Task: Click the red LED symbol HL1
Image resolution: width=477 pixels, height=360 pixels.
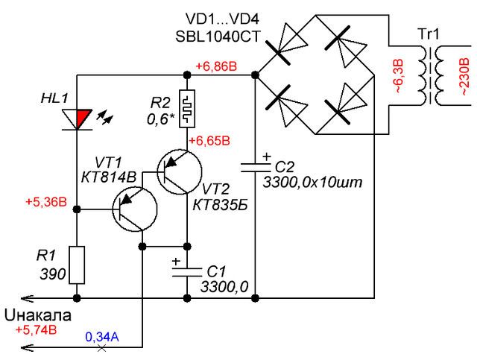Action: (78, 119)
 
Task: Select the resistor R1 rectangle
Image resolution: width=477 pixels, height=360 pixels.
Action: (77, 265)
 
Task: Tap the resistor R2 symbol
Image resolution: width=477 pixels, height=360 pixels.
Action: (187, 108)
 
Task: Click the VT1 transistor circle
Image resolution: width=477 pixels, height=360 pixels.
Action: (134, 209)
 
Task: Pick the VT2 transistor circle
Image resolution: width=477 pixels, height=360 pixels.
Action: (180, 171)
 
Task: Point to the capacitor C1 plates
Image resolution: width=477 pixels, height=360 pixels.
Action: (187, 272)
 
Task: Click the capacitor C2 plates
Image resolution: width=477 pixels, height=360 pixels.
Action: (256, 168)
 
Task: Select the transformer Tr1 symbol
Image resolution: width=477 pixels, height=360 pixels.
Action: (429, 75)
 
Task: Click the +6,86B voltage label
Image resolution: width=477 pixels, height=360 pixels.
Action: (216, 66)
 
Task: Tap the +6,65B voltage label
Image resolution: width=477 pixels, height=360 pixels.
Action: (209, 141)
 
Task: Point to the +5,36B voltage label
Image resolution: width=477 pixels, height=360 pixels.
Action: (46, 202)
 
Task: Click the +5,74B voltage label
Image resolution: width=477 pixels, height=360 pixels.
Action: (37, 330)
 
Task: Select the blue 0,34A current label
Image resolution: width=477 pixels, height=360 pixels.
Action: (102, 337)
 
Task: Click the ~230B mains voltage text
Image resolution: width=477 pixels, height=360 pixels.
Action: (464, 77)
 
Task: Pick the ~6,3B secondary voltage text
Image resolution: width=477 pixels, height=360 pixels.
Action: (399, 75)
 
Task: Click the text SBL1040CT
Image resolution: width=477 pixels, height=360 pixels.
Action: (218, 37)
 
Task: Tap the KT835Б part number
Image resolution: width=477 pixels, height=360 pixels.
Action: (221, 206)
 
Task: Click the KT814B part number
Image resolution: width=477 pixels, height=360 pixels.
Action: (109, 177)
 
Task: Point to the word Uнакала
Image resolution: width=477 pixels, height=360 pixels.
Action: (38, 315)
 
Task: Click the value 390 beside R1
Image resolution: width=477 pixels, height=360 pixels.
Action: (53, 274)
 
